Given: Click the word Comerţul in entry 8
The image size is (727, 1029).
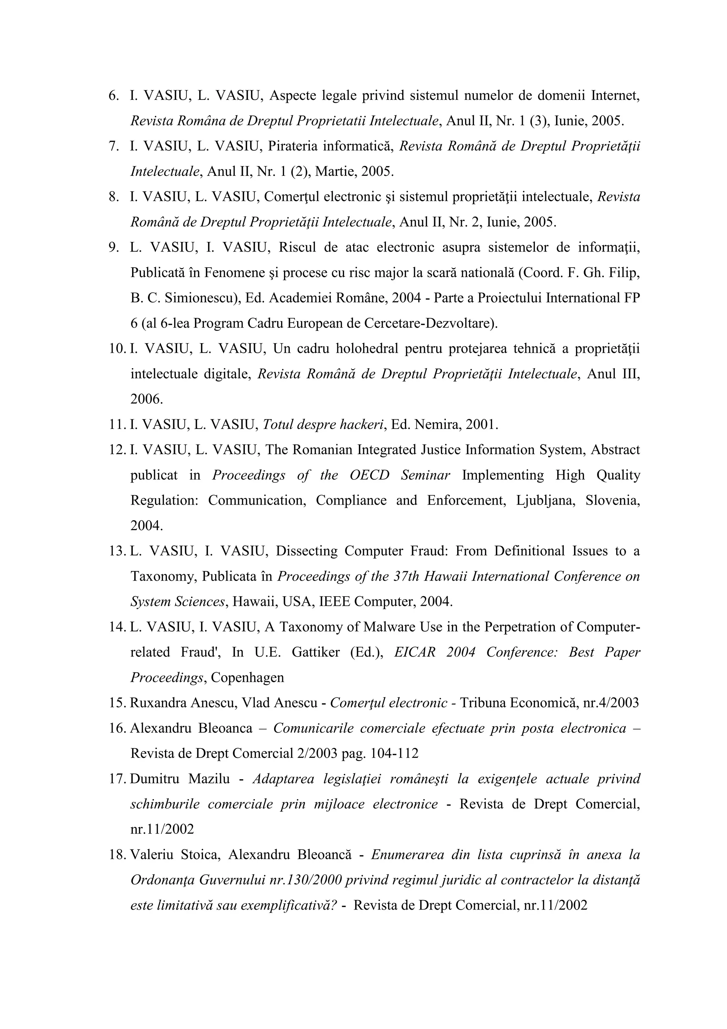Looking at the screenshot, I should (291, 197).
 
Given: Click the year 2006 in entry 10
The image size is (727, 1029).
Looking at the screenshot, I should (146, 399).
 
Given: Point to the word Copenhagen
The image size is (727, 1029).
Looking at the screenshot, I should (247, 678).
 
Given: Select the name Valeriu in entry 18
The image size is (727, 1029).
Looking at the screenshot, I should (150, 855).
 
